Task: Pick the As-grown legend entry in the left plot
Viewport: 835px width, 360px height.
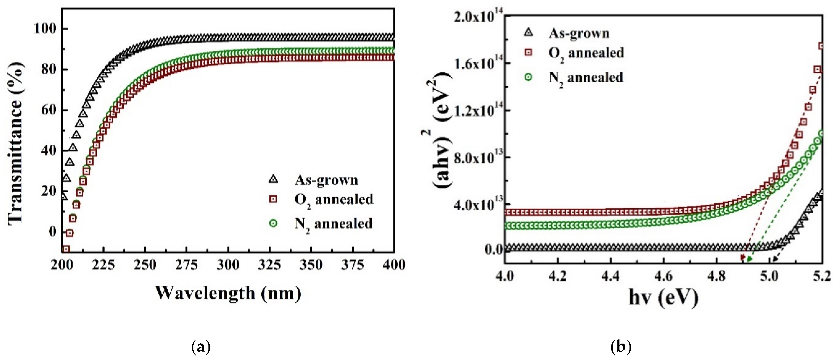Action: [326, 180]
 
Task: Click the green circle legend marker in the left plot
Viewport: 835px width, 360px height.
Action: [273, 223]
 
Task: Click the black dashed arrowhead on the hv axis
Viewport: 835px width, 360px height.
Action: [774, 259]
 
